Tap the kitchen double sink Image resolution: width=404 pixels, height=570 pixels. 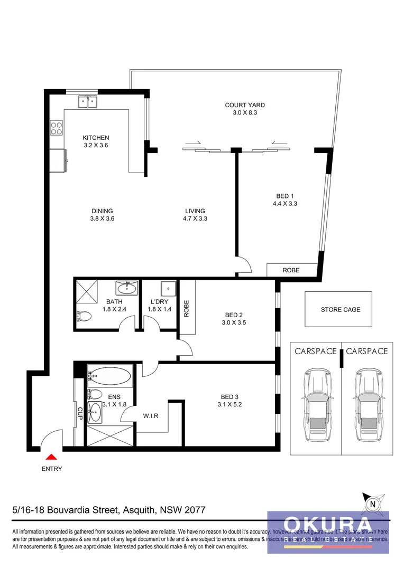click(x=87, y=101)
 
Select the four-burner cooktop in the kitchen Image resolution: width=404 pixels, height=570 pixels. click(x=57, y=127)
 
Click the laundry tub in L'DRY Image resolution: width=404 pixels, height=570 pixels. click(x=168, y=288)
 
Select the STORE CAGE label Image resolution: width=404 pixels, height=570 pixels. click(x=341, y=310)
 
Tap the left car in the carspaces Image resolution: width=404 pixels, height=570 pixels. click(x=316, y=404)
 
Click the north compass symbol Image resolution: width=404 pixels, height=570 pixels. click(x=374, y=503)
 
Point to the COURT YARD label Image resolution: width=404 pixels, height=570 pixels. click(x=245, y=105)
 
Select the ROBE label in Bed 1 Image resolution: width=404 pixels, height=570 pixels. click(x=291, y=270)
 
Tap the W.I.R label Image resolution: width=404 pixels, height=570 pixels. click(x=150, y=416)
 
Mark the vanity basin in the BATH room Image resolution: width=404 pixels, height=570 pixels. click(x=127, y=288)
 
